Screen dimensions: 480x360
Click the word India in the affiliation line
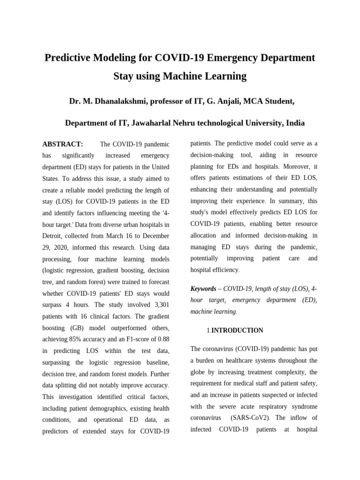[x=295, y=123]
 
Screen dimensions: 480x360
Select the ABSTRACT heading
[x=62, y=144]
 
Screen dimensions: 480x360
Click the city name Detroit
[x=53, y=236]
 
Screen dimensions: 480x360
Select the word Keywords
[x=203, y=289]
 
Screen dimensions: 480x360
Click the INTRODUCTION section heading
[x=237, y=330]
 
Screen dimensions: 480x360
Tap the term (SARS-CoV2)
[x=252, y=418]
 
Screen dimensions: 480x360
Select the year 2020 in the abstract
[x=61, y=247]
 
